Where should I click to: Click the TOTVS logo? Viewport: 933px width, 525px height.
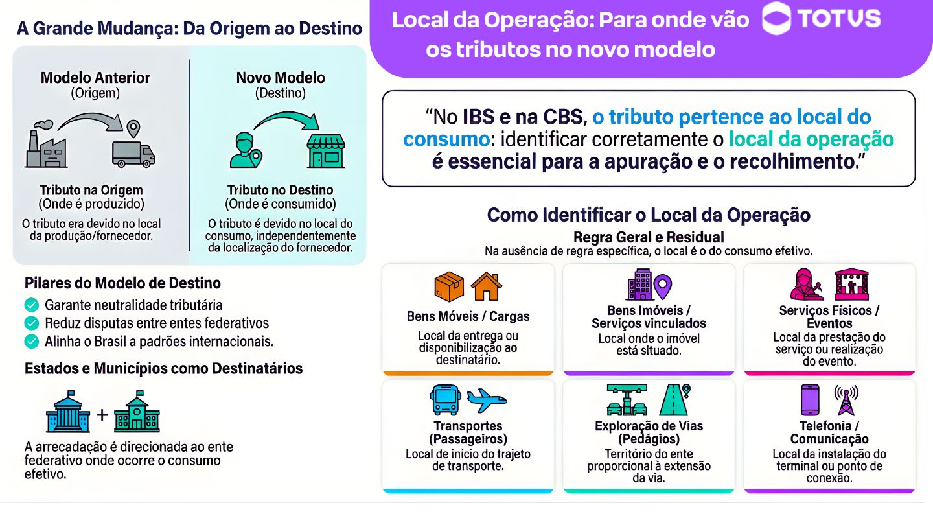coord(821,19)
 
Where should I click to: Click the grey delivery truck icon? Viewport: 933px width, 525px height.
coord(133,153)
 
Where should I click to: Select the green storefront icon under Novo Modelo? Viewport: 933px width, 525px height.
coord(326,151)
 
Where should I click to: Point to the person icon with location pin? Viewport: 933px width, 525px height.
coord(245,150)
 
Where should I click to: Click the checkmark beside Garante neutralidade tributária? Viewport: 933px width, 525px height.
coord(31,305)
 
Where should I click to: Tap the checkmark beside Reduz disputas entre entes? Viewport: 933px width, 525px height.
coord(31,323)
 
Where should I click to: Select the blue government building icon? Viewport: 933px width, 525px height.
coord(69,412)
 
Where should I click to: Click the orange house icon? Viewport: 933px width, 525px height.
coord(487,287)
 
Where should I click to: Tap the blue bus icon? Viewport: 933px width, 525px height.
coord(444,400)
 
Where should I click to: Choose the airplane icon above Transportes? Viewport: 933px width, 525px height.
coord(487,401)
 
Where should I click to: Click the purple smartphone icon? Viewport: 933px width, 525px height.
coord(810,399)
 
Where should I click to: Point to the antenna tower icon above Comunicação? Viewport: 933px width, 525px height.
coord(846,400)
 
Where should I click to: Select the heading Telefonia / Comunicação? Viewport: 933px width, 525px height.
coord(829,432)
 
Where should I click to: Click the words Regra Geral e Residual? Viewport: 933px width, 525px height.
coord(649,237)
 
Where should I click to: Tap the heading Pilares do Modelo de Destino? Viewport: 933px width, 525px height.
coord(122,283)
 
